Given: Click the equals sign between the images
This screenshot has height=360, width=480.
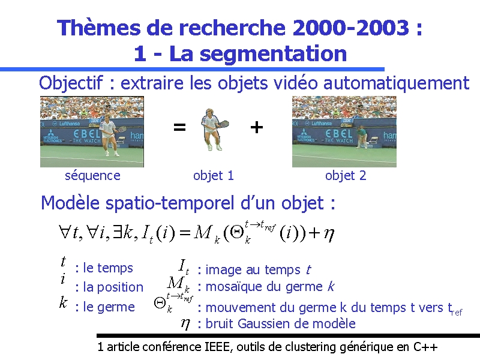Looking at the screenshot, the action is point(179,127).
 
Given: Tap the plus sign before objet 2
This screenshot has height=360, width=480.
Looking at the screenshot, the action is point(257,127).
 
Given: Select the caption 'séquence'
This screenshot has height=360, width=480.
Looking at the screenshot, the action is point(92,176).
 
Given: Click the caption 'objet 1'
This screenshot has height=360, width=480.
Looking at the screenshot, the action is point(214,176).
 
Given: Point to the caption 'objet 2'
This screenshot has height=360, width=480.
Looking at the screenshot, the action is point(346,176).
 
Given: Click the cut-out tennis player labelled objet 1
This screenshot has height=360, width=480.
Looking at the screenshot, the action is point(214,129).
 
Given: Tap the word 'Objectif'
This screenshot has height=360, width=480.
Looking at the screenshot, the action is point(71,83).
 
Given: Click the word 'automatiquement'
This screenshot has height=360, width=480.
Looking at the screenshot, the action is point(396,83).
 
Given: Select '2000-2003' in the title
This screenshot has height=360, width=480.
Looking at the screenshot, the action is point(351,28).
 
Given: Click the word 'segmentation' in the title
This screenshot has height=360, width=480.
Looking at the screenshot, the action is point(273,54).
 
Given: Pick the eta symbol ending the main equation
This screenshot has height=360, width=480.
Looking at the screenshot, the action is point(329,235).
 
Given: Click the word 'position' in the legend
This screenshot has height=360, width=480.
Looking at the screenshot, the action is point(120,288).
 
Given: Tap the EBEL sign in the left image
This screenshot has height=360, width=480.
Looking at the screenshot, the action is point(87,134).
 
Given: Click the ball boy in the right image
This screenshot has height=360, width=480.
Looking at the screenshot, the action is point(361,137).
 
